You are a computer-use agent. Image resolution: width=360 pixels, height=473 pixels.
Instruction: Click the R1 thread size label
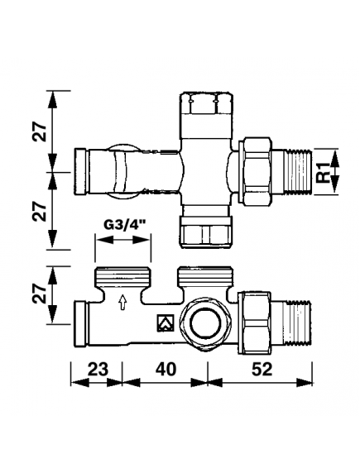[x=323, y=172]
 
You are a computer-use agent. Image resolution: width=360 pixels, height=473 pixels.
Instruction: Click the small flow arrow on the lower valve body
[x=123, y=302]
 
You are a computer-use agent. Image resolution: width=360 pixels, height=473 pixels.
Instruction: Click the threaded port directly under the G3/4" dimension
[x=122, y=275]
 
